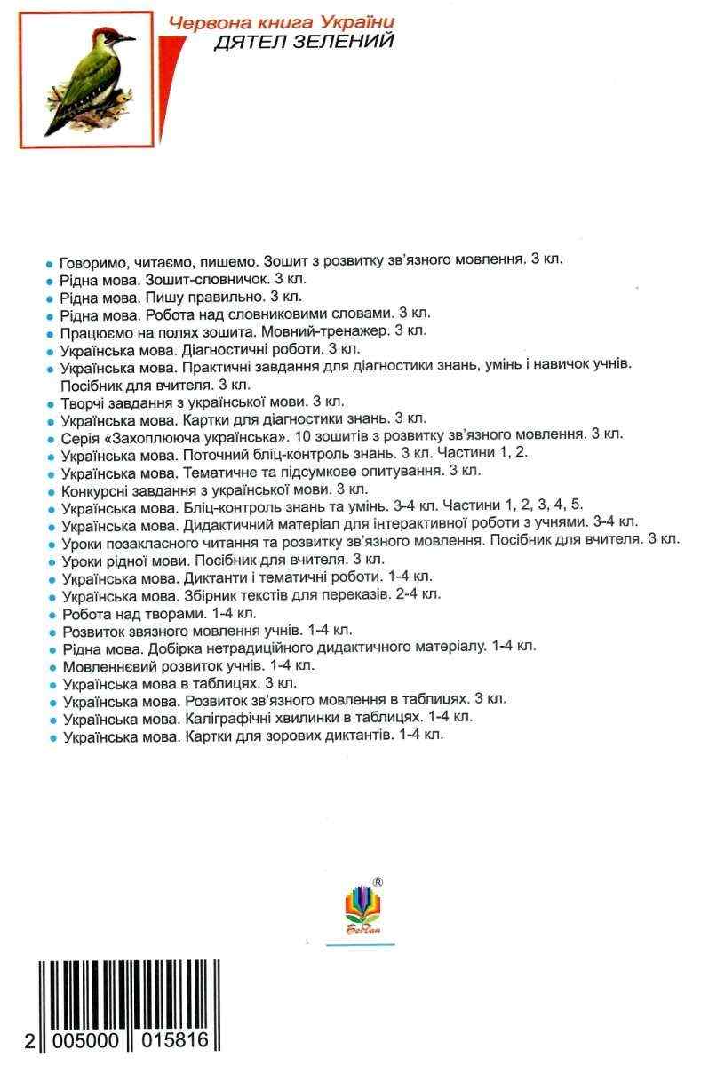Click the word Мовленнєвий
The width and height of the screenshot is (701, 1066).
104,664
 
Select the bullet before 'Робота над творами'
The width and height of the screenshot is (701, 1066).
52,613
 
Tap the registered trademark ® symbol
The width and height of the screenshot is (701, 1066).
378,882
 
